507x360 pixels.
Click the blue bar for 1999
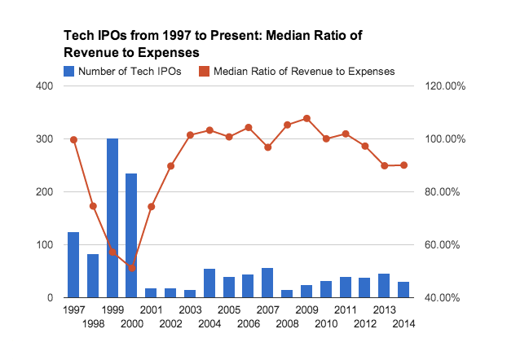click(x=112, y=218)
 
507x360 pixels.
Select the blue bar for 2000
click(x=131, y=235)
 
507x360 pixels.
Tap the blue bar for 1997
click(x=73, y=265)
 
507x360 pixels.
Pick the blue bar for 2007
click(x=267, y=283)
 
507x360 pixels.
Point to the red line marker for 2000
click(x=131, y=268)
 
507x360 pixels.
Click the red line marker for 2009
click(x=306, y=118)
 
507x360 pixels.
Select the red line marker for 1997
click(x=73, y=139)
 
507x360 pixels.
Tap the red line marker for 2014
click(x=403, y=165)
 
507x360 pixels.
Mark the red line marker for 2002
click(x=170, y=165)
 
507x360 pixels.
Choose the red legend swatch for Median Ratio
click(x=205, y=72)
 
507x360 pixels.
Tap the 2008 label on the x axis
click(x=287, y=323)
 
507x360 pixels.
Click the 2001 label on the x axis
click(x=151, y=310)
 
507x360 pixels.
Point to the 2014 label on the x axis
click(x=403, y=323)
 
